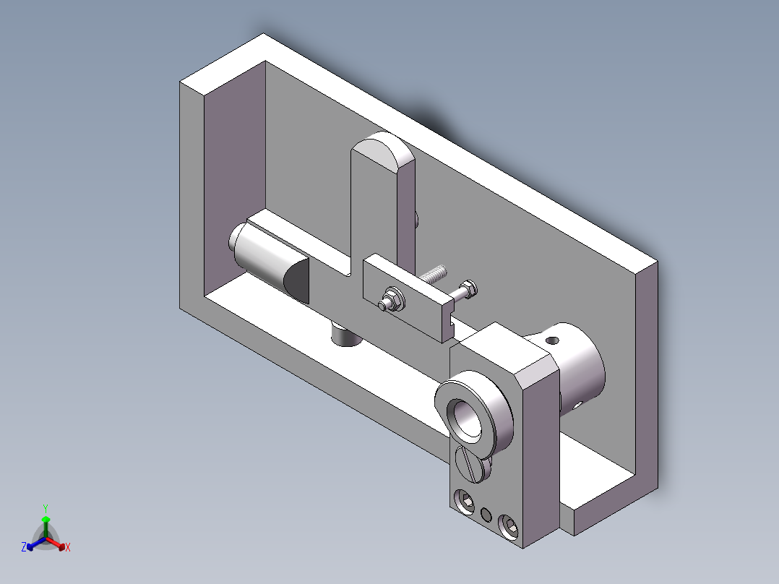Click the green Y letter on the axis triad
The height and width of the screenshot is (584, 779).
[45, 507]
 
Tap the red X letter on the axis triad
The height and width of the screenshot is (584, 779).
[67, 548]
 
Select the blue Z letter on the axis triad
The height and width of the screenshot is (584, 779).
[24, 548]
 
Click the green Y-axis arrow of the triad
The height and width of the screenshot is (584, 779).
[45, 524]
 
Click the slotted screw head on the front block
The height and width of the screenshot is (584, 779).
[470, 463]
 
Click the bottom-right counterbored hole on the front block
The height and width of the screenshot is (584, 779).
[509, 527]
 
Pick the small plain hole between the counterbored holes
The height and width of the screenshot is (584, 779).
[486, 515]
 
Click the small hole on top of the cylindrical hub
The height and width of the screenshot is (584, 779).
[553, 339]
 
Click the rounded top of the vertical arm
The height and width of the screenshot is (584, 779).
[381, 150]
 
